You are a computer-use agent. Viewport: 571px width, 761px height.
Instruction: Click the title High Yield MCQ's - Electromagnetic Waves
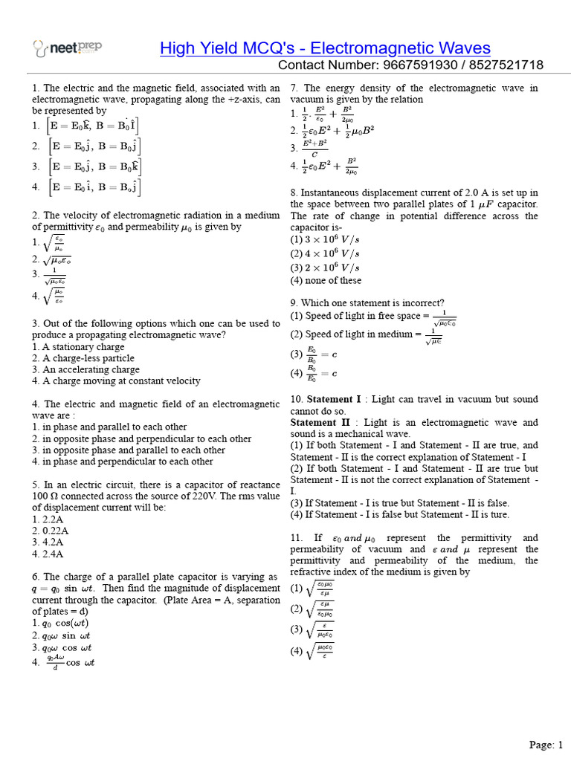point(325,48)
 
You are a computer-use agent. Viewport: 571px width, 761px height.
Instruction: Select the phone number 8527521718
point(506,65)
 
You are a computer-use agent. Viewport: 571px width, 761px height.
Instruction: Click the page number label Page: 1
point(546,744)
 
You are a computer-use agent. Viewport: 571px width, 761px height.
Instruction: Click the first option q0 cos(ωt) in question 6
point(60,624)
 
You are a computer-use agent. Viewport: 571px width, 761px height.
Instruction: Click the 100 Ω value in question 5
point(45,496)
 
